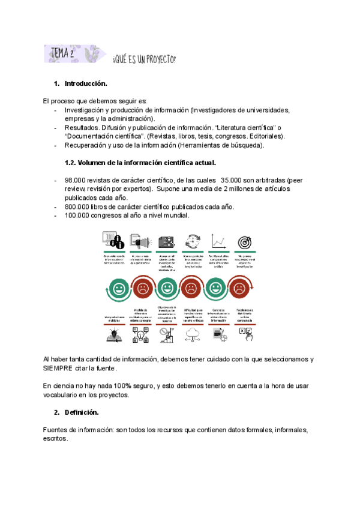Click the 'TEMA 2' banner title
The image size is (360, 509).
[x=64, y=54]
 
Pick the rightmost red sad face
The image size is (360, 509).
[x=239, y=289]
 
